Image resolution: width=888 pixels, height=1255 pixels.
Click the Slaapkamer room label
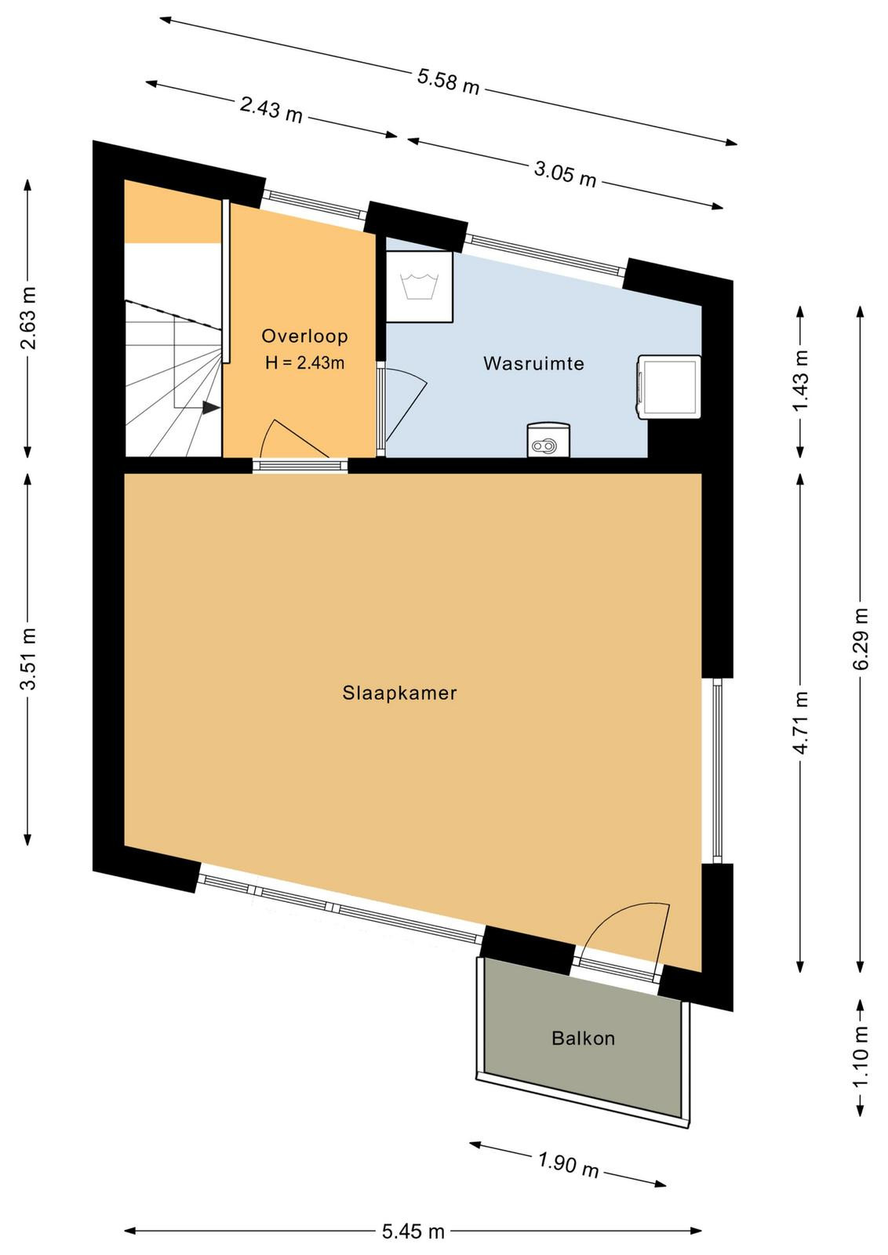pyautogui.click(x=399, y=693)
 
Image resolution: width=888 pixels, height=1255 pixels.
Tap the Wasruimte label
pyautogui.click(x=533, y=364)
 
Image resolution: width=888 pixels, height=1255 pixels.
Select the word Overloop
pyautogui.click(x=305, y=336)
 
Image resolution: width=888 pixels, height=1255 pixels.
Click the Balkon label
pyautogui.click(x=583, y=1039)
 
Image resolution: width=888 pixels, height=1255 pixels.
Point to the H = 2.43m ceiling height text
pyautogui.click(x=305, y=363)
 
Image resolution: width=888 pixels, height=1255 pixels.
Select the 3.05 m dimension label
pyautogui.click(x=565, y=173)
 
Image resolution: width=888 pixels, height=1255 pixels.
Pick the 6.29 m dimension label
pyautogui.click(x=861, y=638)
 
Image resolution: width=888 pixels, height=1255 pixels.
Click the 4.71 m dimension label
pyautogui.click(x=801, y=722)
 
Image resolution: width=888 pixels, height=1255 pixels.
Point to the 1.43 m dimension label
pyautogui.click(x=801, y=380)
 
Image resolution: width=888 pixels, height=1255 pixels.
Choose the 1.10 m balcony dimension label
pyautogui.click(x=861, y=1056)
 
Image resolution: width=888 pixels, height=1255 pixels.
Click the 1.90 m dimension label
pyautogui.click(x=568, y=1162)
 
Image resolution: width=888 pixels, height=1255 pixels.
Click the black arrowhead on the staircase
pyautogui.click(x=211, y=409)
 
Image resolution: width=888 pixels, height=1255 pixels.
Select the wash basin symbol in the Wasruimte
pyautogui.click(x=419, y=287)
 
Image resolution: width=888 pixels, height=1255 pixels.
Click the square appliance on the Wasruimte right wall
pyautogui.click(x=668, y=387)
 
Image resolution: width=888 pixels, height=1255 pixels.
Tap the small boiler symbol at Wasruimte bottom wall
pyautogui.click(x=548, y=441)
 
